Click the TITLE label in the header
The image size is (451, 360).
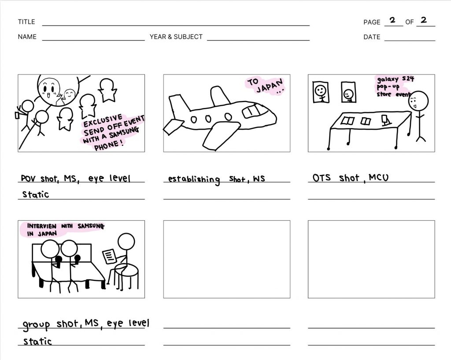coord(26,22)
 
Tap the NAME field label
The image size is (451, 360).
coord(27,37)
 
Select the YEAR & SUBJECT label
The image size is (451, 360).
coord(176,37)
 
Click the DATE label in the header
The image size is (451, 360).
coord(372,37)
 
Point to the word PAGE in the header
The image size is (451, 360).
coord(372,22)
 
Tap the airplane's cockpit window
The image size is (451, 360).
coord(253,111)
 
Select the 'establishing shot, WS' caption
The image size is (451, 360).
coord(216,179)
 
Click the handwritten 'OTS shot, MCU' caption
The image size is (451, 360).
coord(350,178)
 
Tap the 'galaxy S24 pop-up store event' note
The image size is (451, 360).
coord(394,86)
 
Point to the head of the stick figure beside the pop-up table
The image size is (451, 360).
coord(418,101)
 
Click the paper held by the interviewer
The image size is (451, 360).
coord(109,256)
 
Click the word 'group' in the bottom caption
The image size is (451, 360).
coord(36,325)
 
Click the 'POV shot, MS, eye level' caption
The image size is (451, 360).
coord(75,178)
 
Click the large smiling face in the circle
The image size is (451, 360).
coord(49,88)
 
